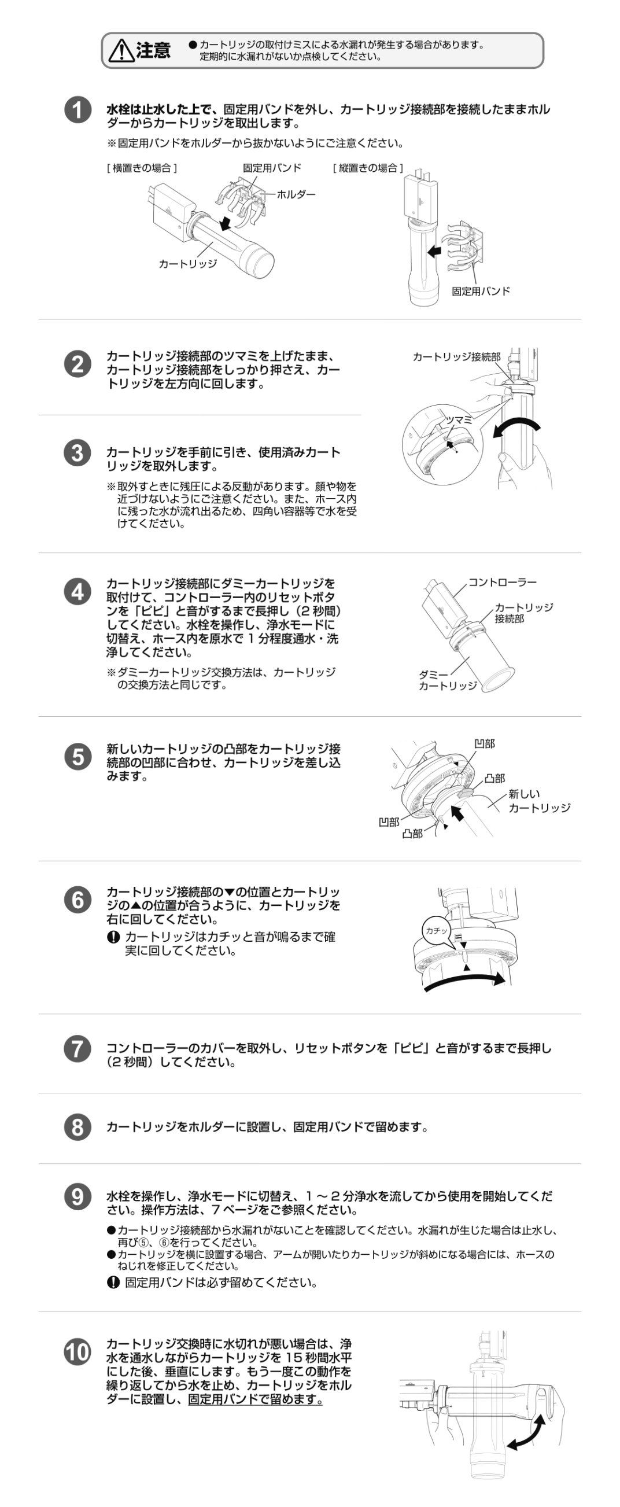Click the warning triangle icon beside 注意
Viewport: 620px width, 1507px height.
click(121, 51)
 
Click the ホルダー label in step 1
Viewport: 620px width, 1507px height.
click(296, 194)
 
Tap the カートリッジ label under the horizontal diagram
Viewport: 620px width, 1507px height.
click(188, 264)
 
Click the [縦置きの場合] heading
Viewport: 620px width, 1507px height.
click(368, 168)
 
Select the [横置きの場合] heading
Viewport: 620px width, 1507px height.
click(142, 168)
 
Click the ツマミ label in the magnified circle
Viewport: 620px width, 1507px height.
click(459, 419)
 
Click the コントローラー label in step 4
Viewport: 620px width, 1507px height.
click(503, 582)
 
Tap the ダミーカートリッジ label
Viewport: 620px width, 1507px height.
click(448, 680)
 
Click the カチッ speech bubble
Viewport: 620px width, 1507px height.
click(436, 930)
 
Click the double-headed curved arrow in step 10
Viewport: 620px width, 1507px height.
click(526, 1432)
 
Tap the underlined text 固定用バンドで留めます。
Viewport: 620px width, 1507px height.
click(255, 1399)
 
